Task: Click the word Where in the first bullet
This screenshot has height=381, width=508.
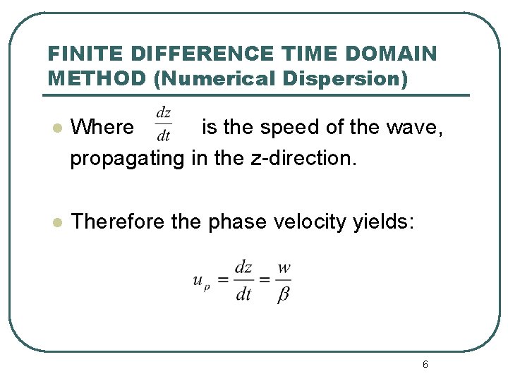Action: [x=102, y=127]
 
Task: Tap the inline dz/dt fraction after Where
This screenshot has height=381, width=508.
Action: [x=164, y=124]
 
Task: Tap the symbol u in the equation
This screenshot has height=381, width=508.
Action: [x=199, y=280]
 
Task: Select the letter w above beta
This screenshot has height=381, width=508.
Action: [x=284, y=268]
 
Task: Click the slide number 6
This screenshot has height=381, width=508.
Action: [x=425, y=364]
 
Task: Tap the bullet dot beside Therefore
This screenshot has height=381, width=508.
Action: [x=58, y=222]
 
